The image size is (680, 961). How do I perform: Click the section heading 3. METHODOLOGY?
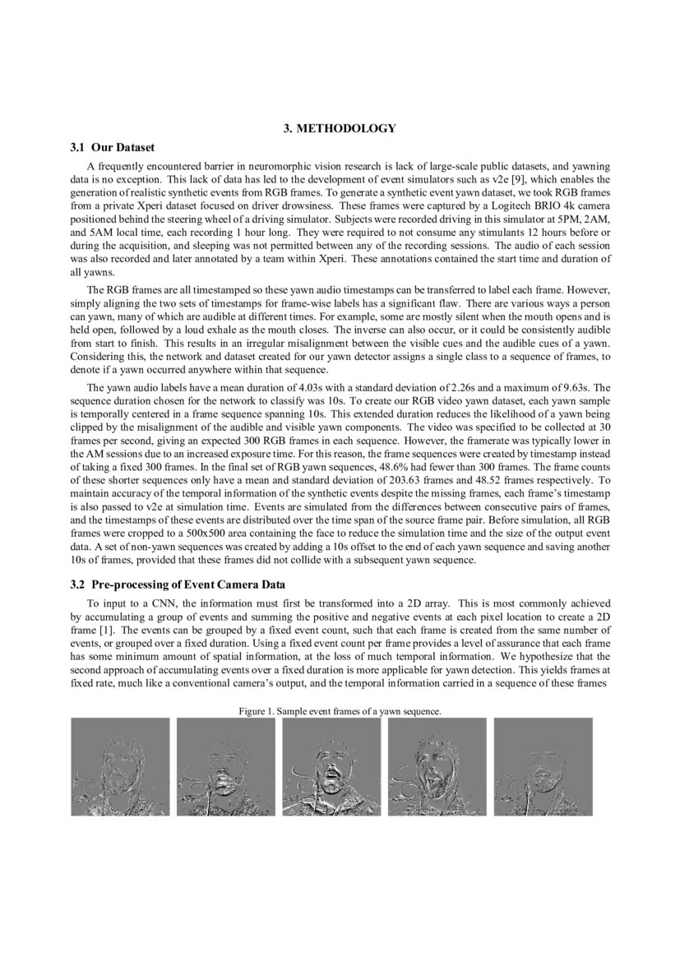tap(340, 128)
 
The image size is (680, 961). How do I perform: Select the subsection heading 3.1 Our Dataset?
tap(113, 149)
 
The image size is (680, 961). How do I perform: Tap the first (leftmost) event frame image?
tap(120, 767)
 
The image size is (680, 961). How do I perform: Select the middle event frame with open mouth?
tap(331, 767)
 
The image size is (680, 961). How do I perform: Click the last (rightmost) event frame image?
tap(543, 767)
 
